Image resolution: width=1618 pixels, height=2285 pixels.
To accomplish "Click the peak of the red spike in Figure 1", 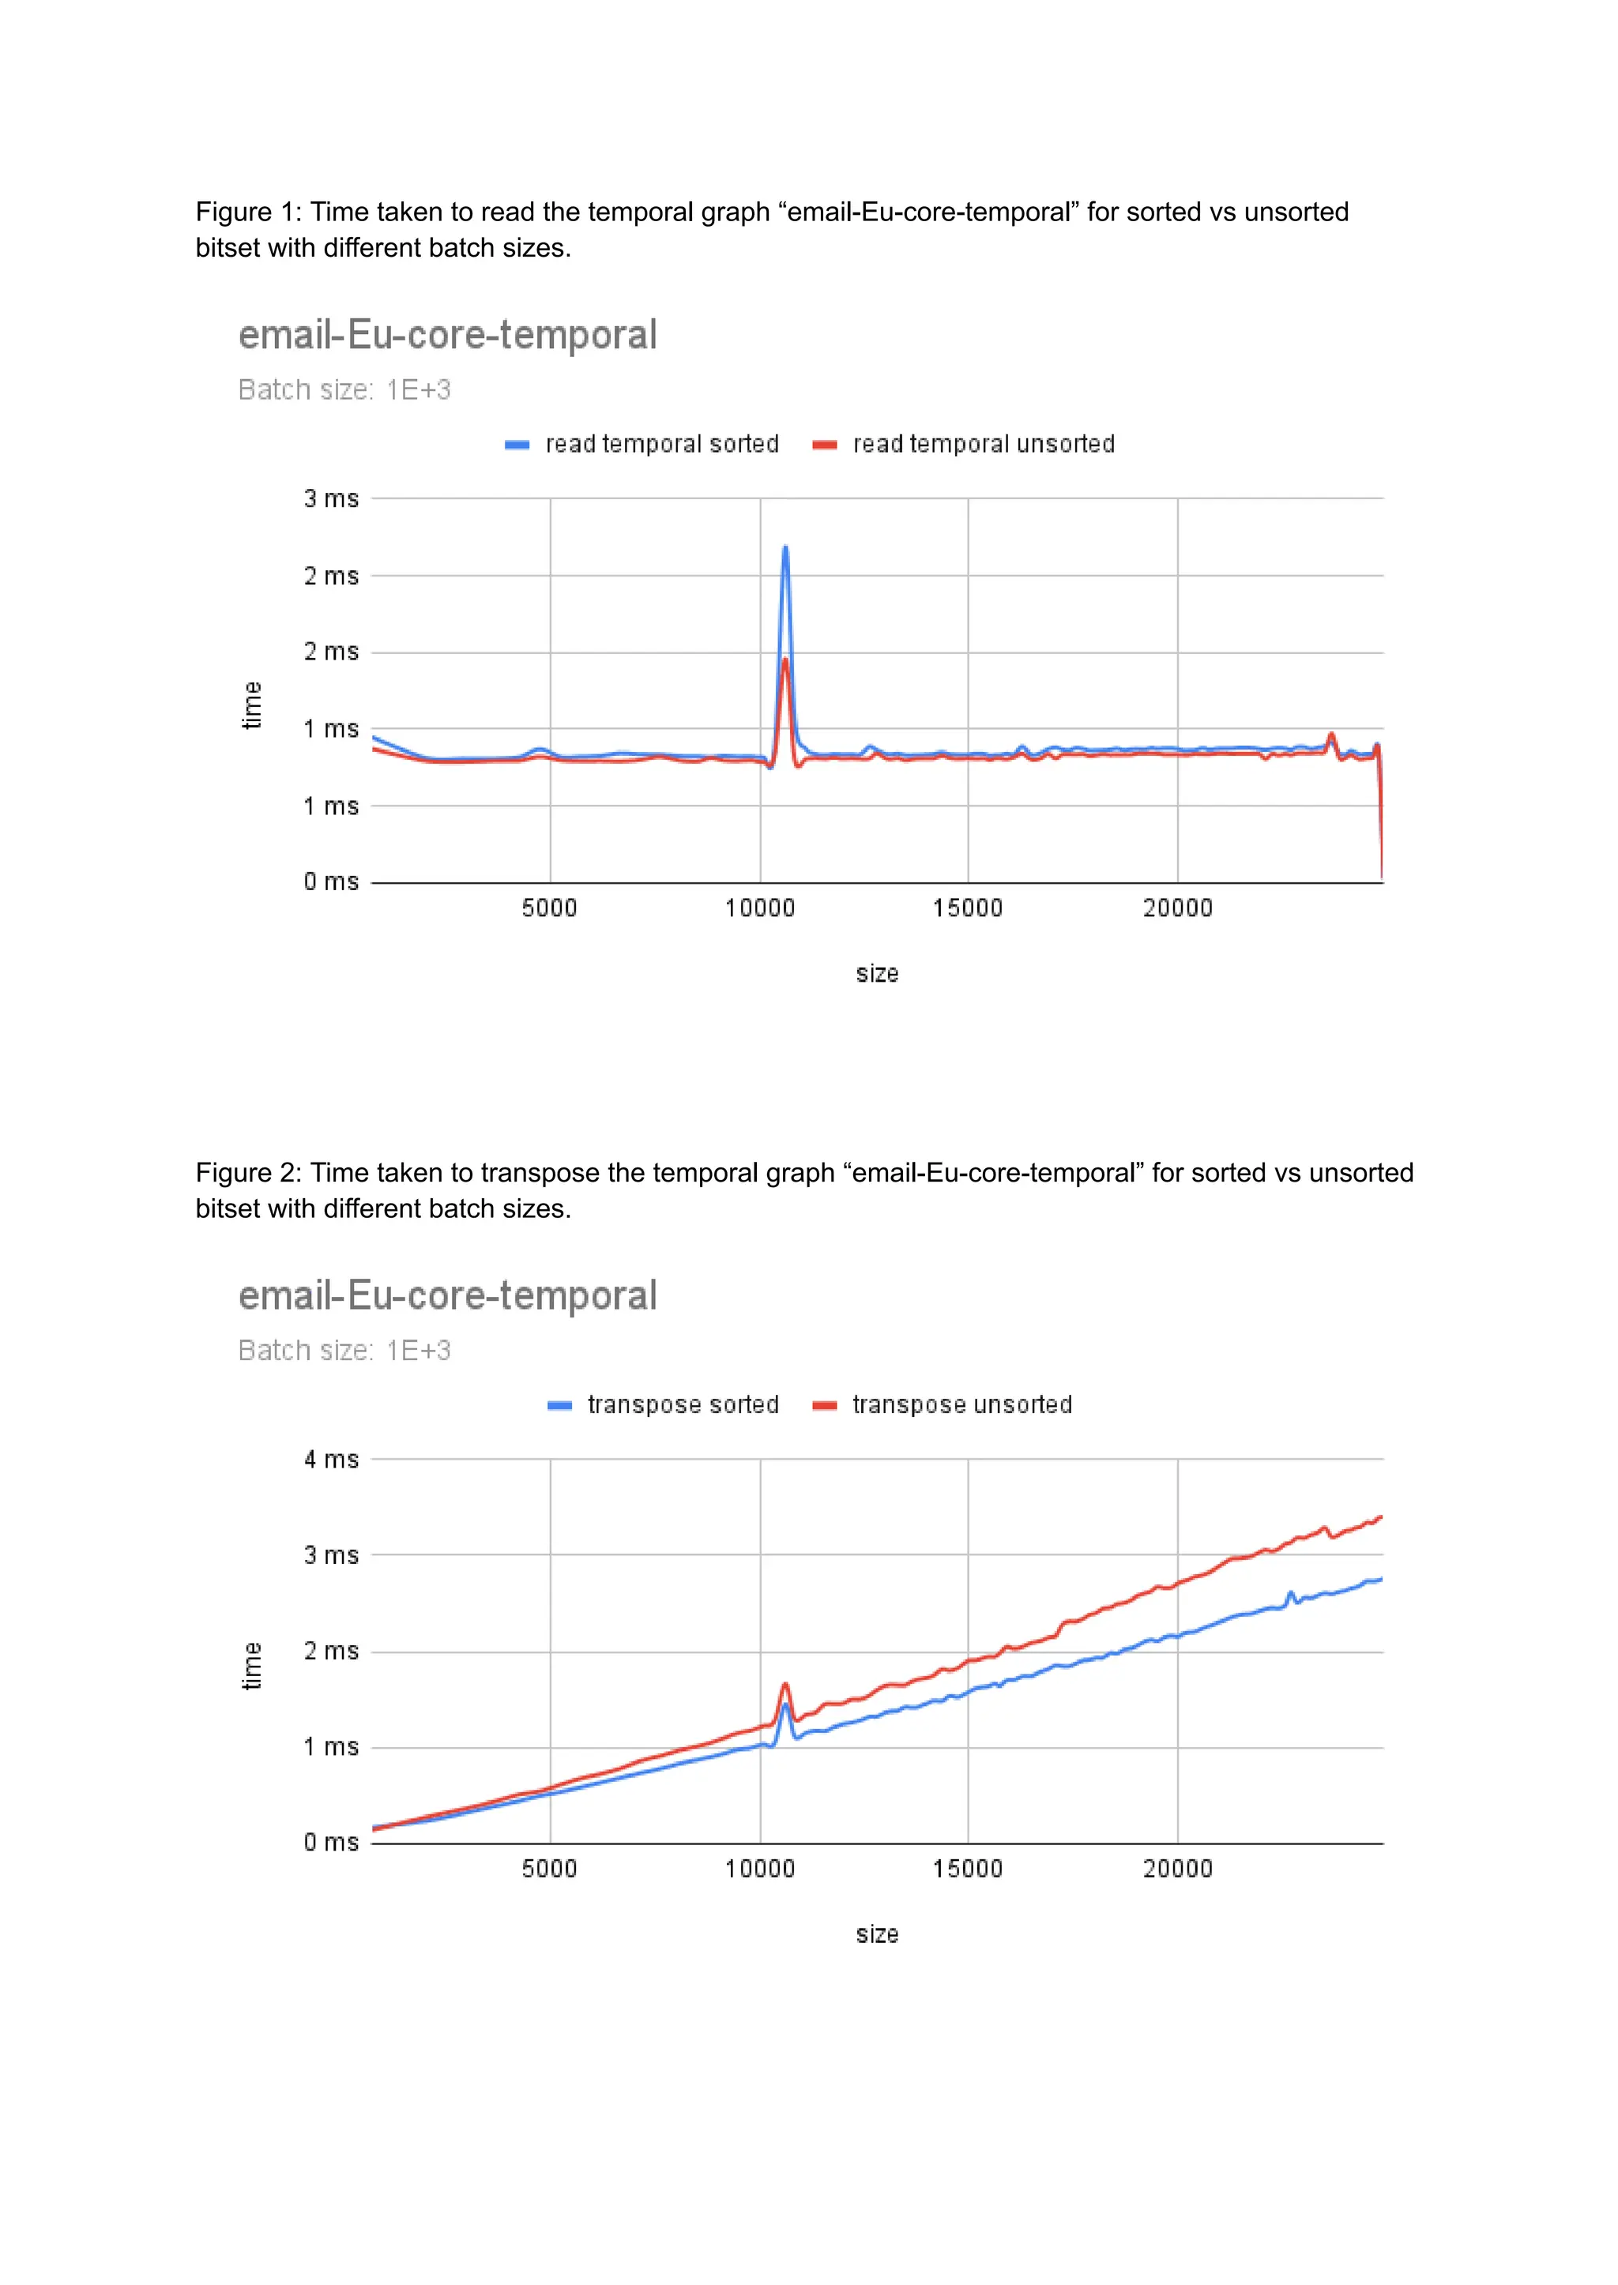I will [785, 660].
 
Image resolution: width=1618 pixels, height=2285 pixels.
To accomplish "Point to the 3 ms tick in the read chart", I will [331, 498].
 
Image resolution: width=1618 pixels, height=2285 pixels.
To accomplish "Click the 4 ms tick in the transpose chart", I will [331, 1460].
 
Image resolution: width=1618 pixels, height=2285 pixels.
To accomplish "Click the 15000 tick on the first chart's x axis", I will [968, 908].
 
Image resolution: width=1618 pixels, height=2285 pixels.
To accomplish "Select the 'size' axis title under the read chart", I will [877, 973].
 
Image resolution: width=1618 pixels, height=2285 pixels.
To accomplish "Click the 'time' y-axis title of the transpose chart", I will [252, 1666].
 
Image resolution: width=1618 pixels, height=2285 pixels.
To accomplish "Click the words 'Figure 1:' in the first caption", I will [248, 212].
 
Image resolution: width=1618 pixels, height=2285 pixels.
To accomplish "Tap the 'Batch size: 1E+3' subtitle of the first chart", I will [344, 389].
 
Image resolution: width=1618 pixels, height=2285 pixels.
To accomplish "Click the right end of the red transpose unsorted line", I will [1381, 1517].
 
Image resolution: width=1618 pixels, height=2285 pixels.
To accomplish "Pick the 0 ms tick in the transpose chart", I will [331, 1842].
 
